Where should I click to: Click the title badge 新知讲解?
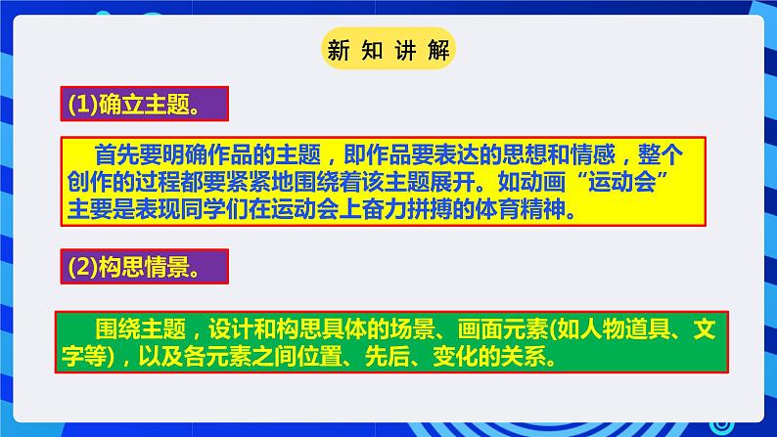388,49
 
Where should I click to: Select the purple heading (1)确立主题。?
144,104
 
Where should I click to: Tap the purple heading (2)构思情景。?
144,266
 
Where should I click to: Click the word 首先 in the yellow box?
117,154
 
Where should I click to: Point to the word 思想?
525,154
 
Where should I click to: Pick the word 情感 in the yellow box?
593,154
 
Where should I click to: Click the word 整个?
661,154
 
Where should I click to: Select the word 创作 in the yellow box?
90,182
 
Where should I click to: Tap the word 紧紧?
249,182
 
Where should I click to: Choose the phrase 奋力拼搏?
407,209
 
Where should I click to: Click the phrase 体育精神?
521,209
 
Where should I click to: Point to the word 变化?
455,356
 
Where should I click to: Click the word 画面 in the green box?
480,328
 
